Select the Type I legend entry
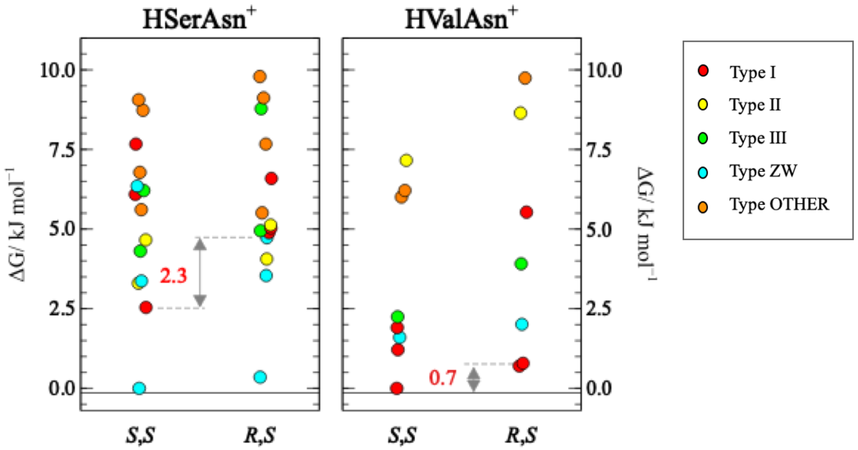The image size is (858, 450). [x=753, y=72]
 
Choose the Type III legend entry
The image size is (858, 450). [x=758, y=138]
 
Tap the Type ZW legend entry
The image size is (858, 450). [x=763, y=171]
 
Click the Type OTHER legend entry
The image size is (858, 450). [x=779, y=205]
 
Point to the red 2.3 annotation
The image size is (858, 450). [x=174, y=275]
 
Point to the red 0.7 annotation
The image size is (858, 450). [x=442, y=378]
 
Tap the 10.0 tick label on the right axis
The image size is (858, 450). [x=604, y=70]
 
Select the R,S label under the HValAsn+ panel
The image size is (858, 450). [x=521, y=435]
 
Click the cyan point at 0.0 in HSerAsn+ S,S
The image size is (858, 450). [x=139, y=388]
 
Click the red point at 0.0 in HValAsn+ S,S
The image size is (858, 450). [x=397, y=388]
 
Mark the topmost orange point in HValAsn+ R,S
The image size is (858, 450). [x=525, y=78]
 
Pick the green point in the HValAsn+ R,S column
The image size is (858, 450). [x=521, y=264]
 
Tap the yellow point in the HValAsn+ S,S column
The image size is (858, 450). [x=406, y=160]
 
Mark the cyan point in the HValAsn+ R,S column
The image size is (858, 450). [x=522, y=324]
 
